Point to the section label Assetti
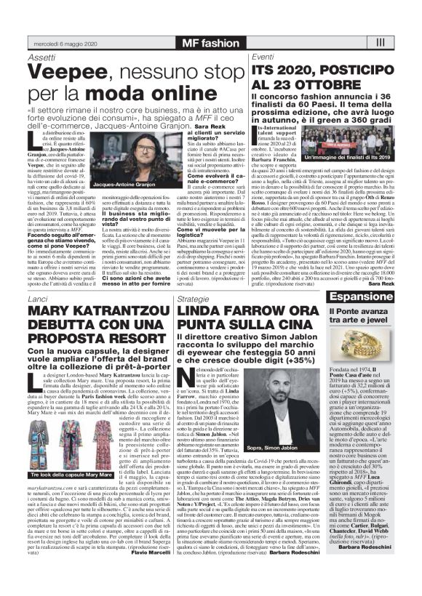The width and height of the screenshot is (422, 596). [x=41, y=57]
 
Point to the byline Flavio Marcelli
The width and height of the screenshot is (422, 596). [x=149, y=572]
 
